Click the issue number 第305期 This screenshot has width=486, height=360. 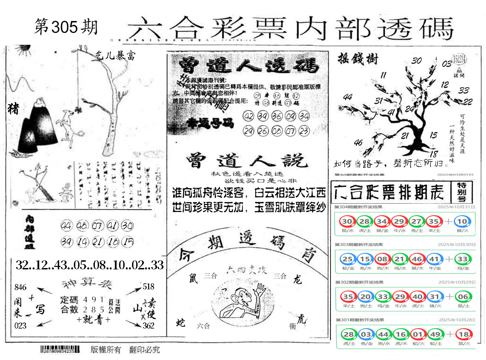[66, 27]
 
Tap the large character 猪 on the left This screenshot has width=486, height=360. [13, 108]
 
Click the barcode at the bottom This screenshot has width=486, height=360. [60, 349]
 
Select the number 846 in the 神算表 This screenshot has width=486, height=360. [20, 287]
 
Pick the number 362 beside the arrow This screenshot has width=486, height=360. [148, 326]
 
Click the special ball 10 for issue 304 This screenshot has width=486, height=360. [462, 221]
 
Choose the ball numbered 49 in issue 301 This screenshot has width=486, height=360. [435, 334]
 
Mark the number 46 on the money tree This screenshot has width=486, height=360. [358, 142]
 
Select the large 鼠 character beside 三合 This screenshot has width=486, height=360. [193, 278]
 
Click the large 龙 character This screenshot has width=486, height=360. [297, 279]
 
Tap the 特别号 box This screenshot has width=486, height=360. [461, 192]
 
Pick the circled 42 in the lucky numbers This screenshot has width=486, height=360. [248, 116]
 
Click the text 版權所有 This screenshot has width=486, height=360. [106, 350]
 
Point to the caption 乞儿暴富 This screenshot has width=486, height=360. [115, 55]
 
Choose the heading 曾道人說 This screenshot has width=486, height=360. [247, 161]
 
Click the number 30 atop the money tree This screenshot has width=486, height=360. [416, 61]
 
